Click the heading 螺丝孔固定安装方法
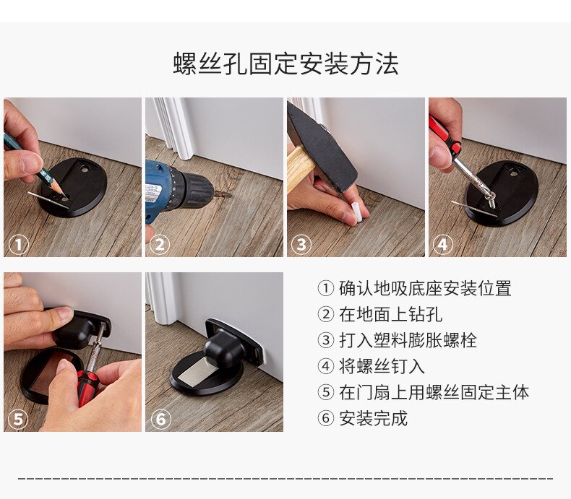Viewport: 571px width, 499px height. [285, 64]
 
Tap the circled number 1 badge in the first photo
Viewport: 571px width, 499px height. [18, 245]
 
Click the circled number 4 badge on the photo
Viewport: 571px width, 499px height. [442, 245]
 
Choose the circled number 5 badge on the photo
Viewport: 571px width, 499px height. [18, 420]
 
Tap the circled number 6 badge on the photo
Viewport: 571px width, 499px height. [160, 420]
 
